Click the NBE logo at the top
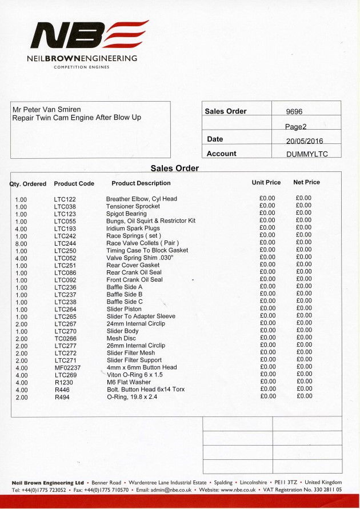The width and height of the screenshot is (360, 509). coord(89,35)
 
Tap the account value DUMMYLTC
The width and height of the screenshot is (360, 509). coord(306,154)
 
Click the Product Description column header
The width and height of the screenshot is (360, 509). coord(141,183)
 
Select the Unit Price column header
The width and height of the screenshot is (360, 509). coord(266,183)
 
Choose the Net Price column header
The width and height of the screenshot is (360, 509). coord(306,183)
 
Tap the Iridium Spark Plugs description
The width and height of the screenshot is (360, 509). coord(133,228)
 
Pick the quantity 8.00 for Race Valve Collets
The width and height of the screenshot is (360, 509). coord(21,243)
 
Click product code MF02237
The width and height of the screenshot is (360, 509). coord(67,368)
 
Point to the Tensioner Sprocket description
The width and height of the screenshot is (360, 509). coord(133,206)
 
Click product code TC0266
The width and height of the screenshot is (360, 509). coord(65,339)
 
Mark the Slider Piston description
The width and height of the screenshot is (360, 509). coord(124,309)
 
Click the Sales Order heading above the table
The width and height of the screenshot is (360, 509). coord(175,169)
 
